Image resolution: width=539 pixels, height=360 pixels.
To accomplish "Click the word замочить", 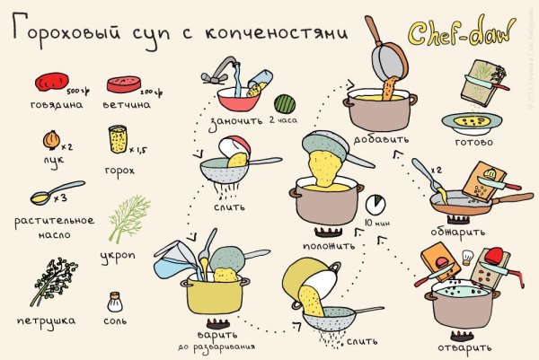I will point(234,121).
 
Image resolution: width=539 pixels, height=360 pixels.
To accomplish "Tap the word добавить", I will point(384,140).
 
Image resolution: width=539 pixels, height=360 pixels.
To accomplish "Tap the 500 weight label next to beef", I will point(78,91).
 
